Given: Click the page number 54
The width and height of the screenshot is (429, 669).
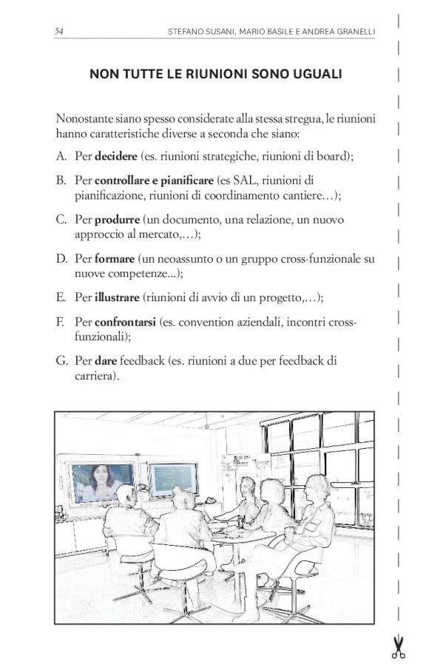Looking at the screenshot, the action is coord(59,31).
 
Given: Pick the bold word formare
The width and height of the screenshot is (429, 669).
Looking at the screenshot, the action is coord(115,259).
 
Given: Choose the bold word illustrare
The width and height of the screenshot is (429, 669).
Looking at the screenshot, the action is coord(117,298).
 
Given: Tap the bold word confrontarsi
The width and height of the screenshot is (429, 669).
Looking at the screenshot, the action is coord(125,323).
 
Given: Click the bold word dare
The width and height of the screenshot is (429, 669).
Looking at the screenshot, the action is coord(106,362).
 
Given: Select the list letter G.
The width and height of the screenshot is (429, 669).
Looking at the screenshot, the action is coord(61,362).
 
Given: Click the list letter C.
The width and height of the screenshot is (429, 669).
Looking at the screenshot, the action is coord(61,220).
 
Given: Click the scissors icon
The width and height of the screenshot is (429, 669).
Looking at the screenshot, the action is coord(399,647).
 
